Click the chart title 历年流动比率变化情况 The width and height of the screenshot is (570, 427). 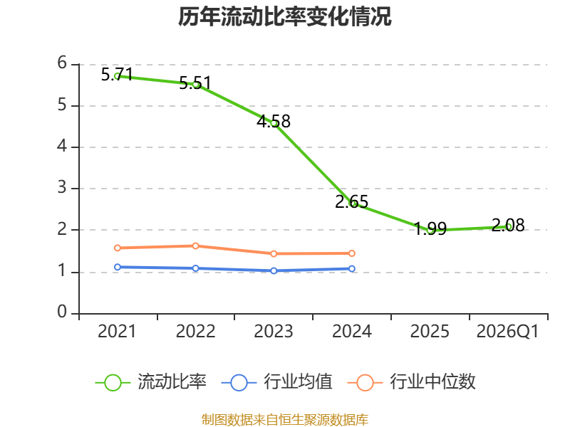click(x=284, y=16)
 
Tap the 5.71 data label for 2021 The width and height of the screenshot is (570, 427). click(x=117, y=75)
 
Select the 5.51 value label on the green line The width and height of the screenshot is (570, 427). click(x=195, y=83)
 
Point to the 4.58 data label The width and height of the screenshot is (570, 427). click(x=274, y=121)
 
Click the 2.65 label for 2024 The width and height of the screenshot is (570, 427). click(x=351, y=202)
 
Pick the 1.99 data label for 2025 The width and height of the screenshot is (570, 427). click(x=430, y=228)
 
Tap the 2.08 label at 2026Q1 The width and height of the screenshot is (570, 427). click(x=508, y=225)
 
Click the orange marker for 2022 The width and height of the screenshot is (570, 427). click(x=195, y=246)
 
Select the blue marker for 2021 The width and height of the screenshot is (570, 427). click(x=118, y=267)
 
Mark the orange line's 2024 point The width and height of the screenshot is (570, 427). click(x=352, y=253)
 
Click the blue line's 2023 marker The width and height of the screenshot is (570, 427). click(x=274, y=270)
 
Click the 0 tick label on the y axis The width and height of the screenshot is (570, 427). click(x=62, y=312)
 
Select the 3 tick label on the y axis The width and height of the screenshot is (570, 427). click(x=62, y=188)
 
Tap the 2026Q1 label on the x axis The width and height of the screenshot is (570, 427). click(x=507, y=332)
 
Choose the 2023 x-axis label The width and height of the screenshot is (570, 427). click(x=274, y=332)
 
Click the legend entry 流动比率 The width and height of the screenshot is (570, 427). click(x=151, y=382)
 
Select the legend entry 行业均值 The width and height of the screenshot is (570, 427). click(x=277, y=382)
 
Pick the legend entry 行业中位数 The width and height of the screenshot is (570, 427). click(x=412, y=382)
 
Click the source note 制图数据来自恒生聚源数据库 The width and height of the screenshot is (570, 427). click(x=285, y=420)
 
